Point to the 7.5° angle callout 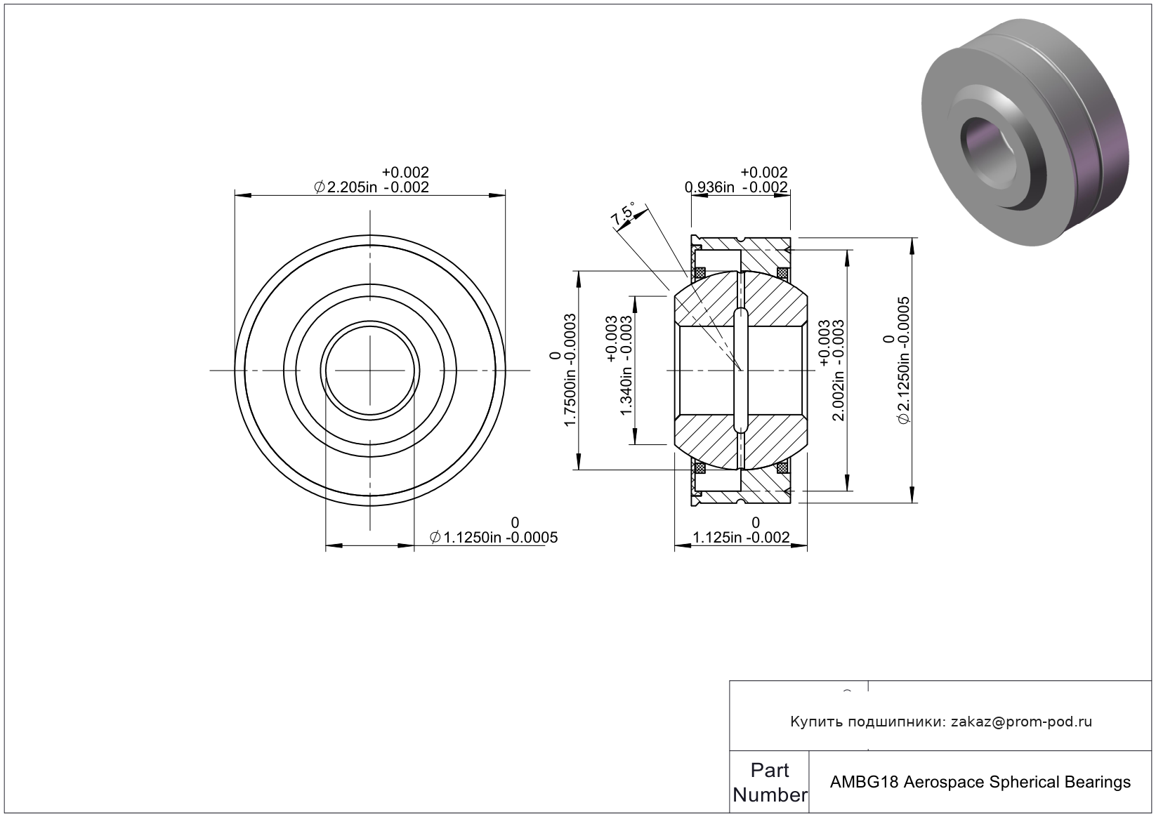[x=624, y=214]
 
